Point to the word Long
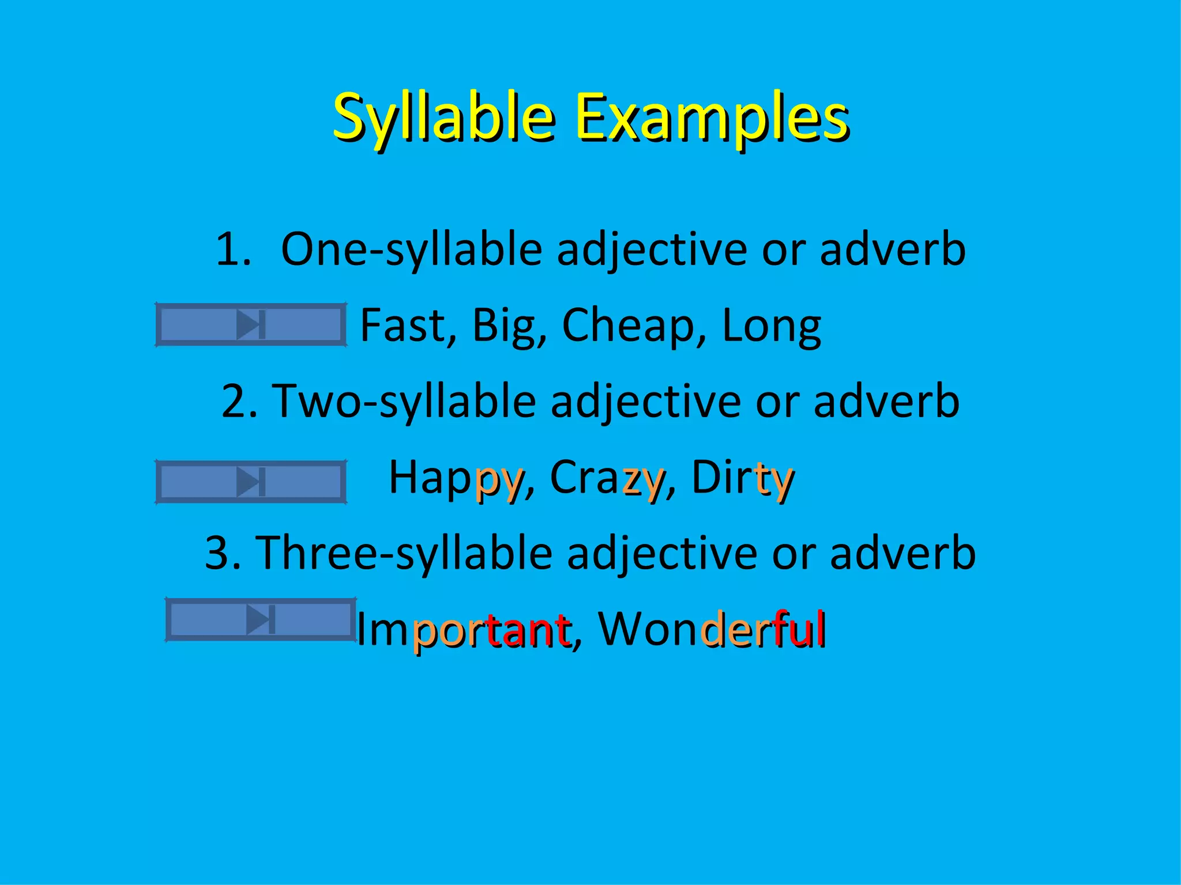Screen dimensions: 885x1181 [771, 326]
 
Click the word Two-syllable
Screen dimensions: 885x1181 [404, 402]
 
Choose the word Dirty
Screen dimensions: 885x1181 [743, 478]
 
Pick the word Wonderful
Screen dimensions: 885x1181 [713, 629]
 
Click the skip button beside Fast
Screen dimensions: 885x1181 [251, 325]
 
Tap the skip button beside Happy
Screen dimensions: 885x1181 [251, 482]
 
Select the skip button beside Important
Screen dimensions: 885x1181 [261, 619]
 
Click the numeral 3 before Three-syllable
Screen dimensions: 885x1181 [217, 553]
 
